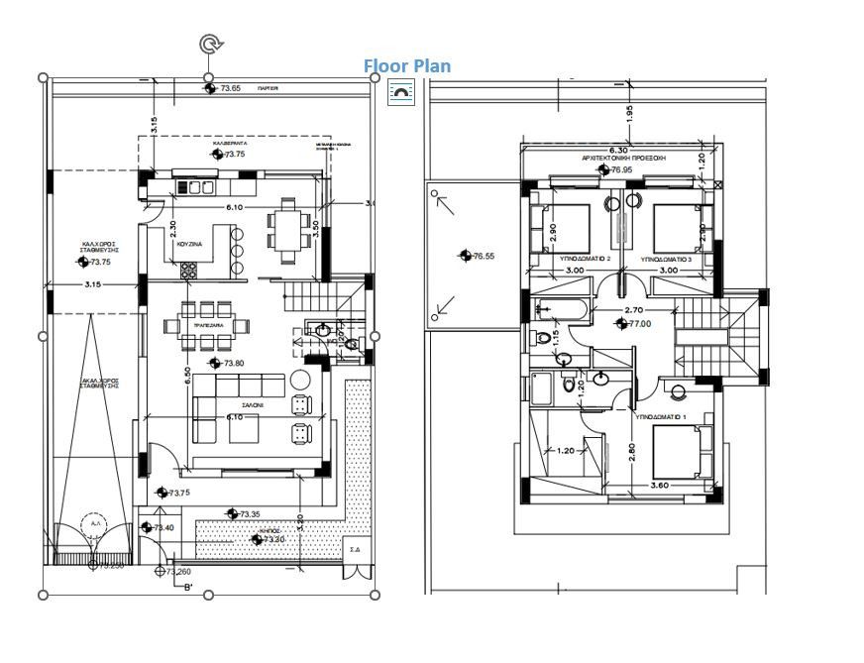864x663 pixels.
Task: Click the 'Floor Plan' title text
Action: click(406, 66)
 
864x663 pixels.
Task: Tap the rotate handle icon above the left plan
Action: click(209, 44)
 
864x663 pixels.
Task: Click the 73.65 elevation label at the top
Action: click(229, 88)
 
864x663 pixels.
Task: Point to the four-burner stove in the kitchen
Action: click(188, 268)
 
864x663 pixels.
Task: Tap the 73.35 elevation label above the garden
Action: click(249, 514)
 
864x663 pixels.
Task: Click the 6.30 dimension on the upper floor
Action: click(617, 150)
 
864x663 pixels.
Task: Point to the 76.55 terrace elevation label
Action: click(483, 256)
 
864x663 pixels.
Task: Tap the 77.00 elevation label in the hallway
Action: click(638, 324)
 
